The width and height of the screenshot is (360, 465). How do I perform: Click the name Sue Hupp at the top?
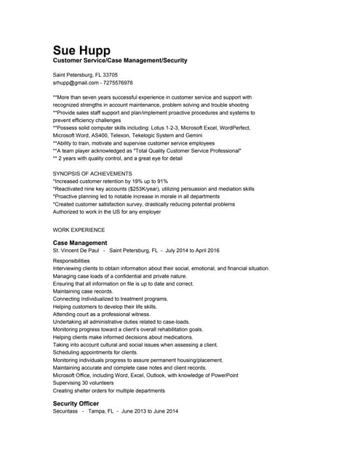[81, 50]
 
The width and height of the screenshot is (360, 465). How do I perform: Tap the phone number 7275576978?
[119, 83]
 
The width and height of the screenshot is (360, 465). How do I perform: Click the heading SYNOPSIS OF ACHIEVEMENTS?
[92, 174]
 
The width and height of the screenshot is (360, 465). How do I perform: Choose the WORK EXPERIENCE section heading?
[79, 230]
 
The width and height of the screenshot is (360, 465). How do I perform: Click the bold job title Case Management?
[80, 243]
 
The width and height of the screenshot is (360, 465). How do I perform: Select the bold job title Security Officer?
[76, 403]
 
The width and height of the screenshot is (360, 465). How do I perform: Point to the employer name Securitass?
[65, 411]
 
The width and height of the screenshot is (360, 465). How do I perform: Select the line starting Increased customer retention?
[111, 181]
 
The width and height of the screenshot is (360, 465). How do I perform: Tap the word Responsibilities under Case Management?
[71, 260]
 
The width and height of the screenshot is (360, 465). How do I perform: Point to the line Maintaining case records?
[84, 291]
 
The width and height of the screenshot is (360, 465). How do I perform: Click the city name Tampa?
[96, 411]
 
